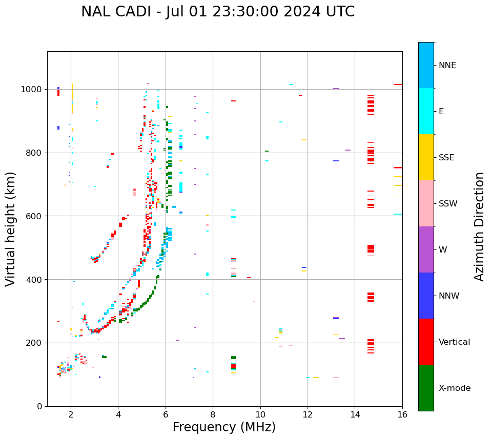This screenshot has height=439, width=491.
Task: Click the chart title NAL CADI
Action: pyautogui.click(x=218, y=12)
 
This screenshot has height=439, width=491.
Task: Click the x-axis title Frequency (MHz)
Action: pyautogui.click(x=224, y=427)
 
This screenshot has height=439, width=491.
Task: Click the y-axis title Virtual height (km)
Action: pyautogui.click(x=11, y=228)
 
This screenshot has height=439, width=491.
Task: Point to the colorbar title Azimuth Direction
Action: pyautogui.click(x=479, y=226)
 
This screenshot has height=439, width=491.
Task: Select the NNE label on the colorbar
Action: pyautogui.click(x=447, y=66)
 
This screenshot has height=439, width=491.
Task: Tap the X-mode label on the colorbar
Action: pyautogui.click(x=455, y=388)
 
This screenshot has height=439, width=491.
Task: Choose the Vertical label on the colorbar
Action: pyautogui.click(x=454, y=342)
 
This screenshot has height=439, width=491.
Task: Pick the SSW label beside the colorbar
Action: pyautogui.click(x=448, y=204)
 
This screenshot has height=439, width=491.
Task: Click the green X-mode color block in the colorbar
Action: pyautogui.click(x=426, y=388)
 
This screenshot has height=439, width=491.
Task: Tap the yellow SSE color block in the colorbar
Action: pyautogui.click(x=426, y=157)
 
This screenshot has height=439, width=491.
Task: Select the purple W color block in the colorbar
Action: pyautogui.click(x=426, y=249)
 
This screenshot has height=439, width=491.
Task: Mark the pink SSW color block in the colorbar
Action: pyautogui.click(x=426, y=203)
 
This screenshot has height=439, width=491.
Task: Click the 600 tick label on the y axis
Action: pyautogui.click(x=36, y=216)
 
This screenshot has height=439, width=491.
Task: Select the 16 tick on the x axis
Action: pyautogui.click(x=402, y=414)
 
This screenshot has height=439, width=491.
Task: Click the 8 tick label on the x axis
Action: pyautogui.click(x=213, y=414)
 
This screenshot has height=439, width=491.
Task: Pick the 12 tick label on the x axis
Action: pyautogui.click(x=308, y=414)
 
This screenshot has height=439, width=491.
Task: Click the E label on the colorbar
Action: pyautogui.click(x=441, y=112)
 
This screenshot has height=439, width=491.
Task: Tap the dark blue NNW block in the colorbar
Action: pyautogui.click(x=426, y=296)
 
